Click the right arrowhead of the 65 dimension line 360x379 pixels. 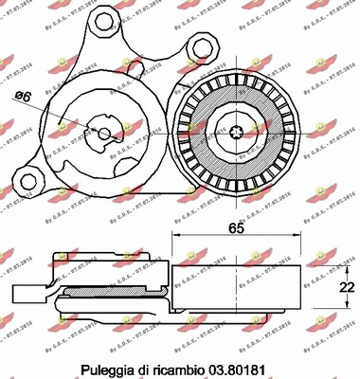tap(300, 243)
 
